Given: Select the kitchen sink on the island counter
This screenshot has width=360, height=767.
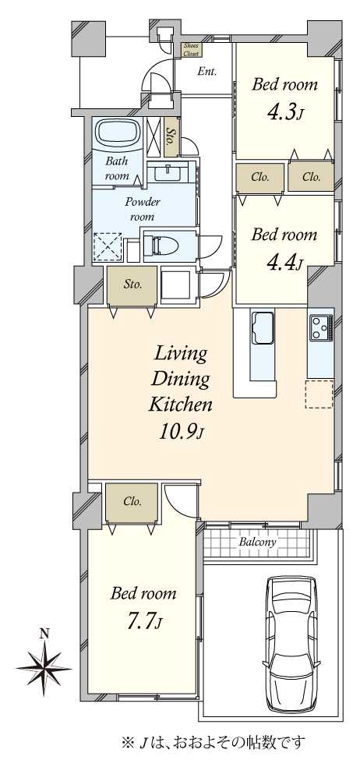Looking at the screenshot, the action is coord(262,327).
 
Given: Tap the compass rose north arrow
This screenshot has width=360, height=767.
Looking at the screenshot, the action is coord(44,668).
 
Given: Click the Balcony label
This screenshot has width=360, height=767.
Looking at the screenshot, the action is coord(258,542).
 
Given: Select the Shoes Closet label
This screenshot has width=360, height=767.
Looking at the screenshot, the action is coord(190,51).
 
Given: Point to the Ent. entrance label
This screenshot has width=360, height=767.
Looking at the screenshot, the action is coord(207,72).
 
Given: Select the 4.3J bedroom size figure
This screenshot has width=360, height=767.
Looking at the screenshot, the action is coord(284,112).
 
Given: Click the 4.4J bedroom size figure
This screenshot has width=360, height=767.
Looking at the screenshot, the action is coord(284,262).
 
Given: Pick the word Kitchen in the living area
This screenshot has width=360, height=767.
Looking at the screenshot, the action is coord(180,404).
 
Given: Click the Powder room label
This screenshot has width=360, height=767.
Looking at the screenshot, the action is coord(143,208).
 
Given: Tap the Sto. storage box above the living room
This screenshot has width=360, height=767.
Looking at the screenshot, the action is coord(132,285).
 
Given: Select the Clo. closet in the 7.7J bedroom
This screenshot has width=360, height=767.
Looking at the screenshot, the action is coord(132,502).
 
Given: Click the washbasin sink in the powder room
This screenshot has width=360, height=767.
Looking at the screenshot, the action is coord(169,173).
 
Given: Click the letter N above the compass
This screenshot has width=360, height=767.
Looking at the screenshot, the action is coord(44,634).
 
